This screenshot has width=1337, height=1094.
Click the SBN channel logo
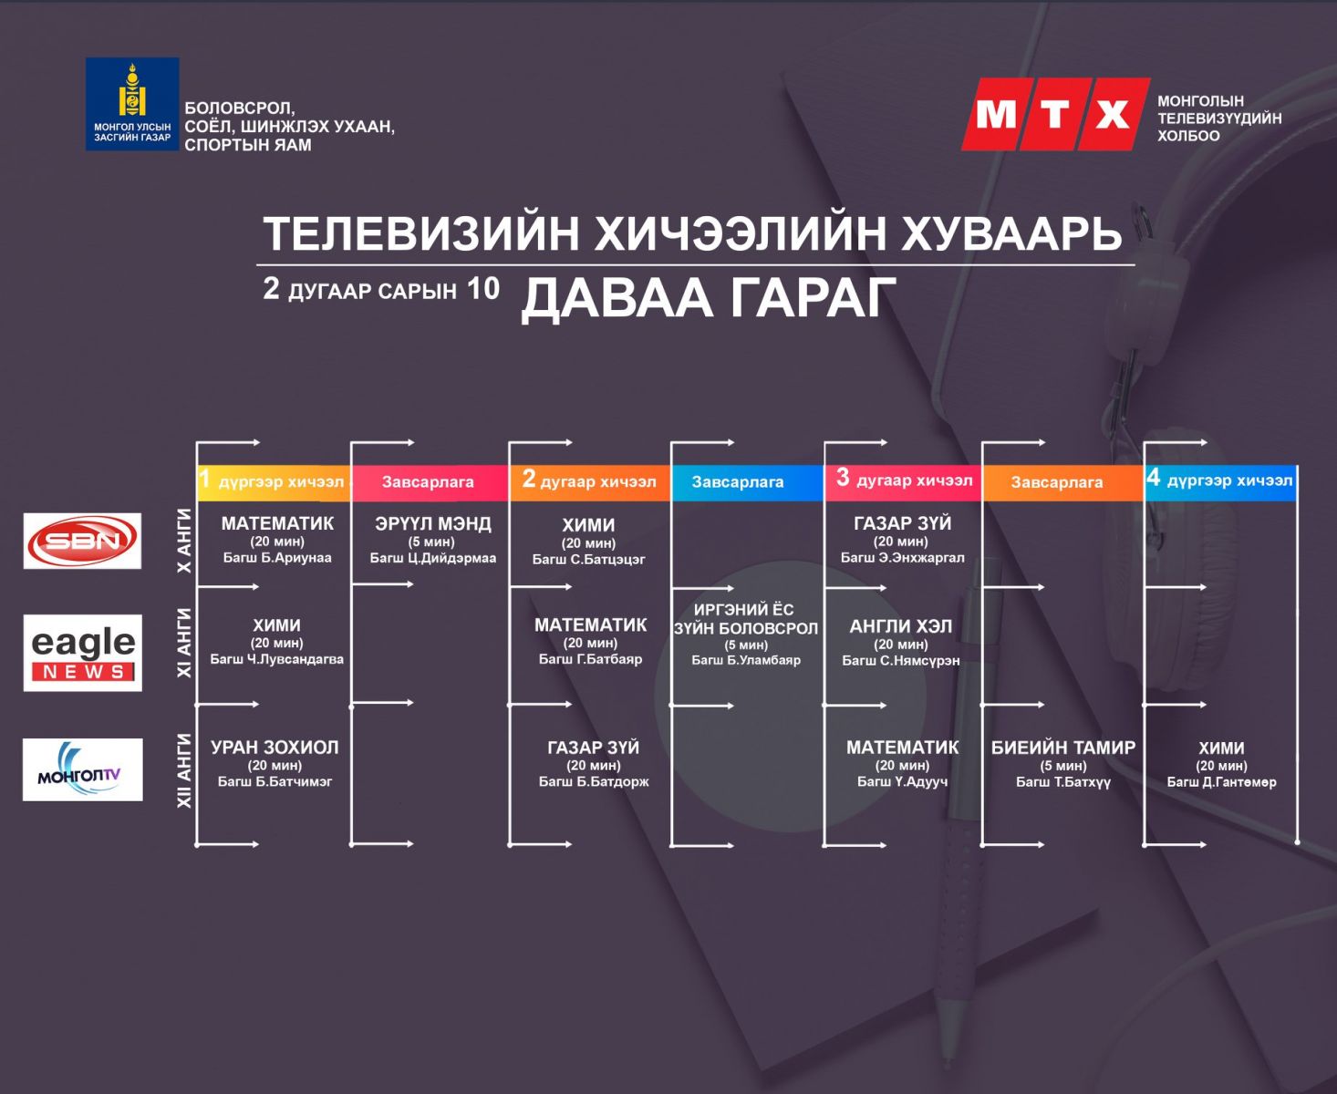coord(82,541)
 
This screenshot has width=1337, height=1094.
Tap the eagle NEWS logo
coord(82,653)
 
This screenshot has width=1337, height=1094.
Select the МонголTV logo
coord(82,769)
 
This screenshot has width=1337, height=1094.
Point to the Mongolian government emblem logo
coord(132,104)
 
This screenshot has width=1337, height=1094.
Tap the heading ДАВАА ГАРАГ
coord(708,298)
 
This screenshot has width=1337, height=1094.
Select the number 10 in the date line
coord(483,289)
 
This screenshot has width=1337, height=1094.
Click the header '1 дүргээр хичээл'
coord(272,481)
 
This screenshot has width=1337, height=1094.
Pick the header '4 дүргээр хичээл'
coord(1219,480)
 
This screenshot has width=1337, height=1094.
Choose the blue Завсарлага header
coord(738,482)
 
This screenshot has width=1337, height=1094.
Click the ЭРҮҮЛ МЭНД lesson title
coord(433,523)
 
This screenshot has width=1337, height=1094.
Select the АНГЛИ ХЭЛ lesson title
coord(900,627)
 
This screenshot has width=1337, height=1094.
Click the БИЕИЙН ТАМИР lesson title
coord(1063,748)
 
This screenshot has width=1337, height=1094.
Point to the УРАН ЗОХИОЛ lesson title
coord(275,748)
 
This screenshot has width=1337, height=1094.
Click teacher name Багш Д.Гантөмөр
coord(1221,782)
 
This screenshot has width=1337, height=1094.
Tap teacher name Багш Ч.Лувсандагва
coord(277,659)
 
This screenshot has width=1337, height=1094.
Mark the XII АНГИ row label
coord(184,770)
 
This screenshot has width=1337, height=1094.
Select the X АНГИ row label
coord(184,541)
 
